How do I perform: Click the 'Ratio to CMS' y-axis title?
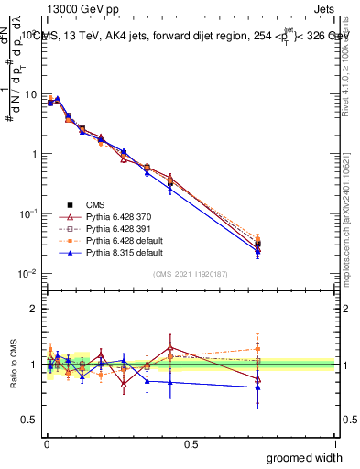click(x=13, y=365)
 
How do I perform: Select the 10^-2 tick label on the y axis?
click(x=27, y=274)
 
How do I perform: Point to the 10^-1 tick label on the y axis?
click(x=27, y=213)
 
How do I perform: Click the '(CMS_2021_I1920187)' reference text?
click(x=190, y=274)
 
